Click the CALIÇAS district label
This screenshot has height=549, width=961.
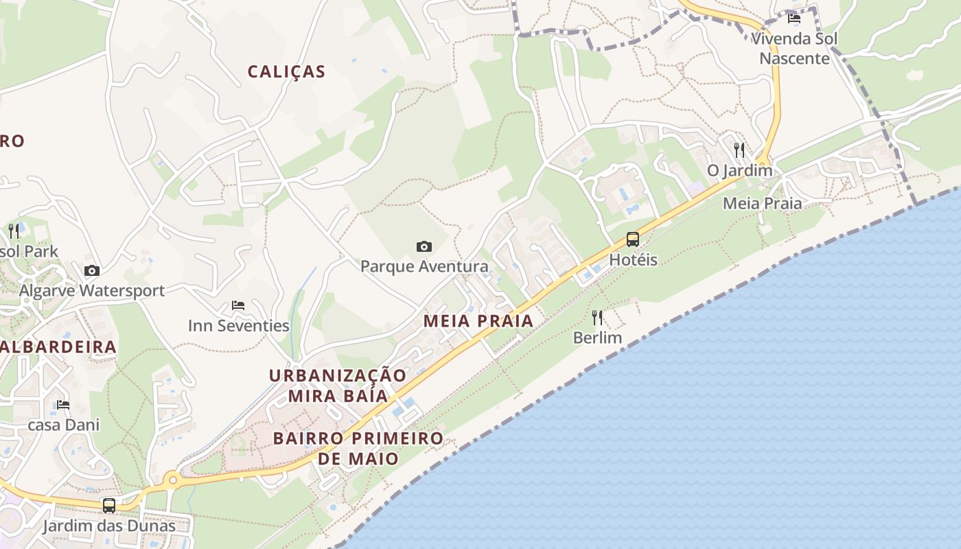click(x=286, y=71)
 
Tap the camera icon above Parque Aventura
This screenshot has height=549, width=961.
click(x=424, y=246)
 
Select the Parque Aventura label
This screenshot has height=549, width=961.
click(x=424, y=266)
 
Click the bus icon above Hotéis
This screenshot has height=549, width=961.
click(x=633, y=240)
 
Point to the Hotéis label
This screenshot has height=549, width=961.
click(x=633, y=260)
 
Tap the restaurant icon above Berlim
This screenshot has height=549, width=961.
click(x=597, y=318)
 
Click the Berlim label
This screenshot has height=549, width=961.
click(x=597, y=338)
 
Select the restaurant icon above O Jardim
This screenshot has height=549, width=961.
click(x=739, y=150)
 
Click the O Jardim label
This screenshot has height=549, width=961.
click(x=740, y=170)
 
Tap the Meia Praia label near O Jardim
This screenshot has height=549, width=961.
click(x=762, y=203)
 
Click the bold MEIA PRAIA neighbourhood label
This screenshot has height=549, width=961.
click(x=478, y=320)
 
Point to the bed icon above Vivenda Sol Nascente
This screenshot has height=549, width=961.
click(x=794, y=19)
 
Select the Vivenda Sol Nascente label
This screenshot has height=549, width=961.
click(x=794, y=48)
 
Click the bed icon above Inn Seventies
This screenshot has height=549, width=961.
click(x=238, y=305)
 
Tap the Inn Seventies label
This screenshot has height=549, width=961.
click(x=238, y=325)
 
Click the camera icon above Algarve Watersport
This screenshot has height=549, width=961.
click(x=91, y=271)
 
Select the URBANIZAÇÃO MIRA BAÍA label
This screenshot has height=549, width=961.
click(x=338, y=386)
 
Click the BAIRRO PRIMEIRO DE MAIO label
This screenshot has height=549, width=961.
click(x=358, y=448)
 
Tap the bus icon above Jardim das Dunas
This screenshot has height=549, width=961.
click(x=109, y=506)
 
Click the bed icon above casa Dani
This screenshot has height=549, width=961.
click(x=63, y=405)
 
